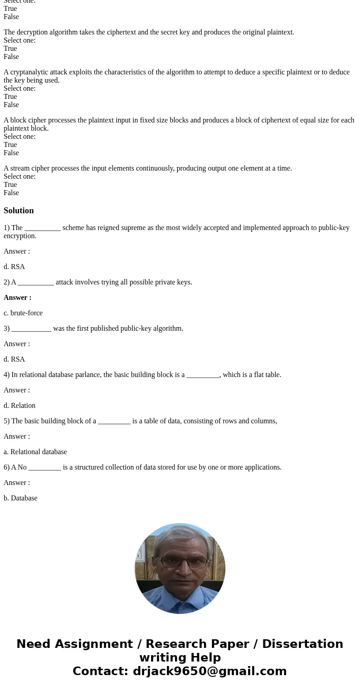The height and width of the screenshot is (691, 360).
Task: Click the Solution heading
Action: coord(19,211)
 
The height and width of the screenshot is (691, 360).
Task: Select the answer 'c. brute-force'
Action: coord(23,313)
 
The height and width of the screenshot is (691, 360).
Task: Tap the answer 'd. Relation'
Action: coord(19,406)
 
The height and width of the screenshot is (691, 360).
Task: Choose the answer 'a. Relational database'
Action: coord(35,452)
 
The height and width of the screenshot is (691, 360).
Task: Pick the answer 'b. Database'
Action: coord(20,498)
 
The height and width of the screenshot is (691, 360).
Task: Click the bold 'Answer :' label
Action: coord(17,298)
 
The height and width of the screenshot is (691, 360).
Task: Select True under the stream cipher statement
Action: coord(10,185)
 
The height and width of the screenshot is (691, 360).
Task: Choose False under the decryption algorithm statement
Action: coord(11,57)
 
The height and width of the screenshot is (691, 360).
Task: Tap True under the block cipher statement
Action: coord(10,145)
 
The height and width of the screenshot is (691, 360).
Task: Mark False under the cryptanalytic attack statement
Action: coord(11,105)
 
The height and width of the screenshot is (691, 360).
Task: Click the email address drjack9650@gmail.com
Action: coord(209,671)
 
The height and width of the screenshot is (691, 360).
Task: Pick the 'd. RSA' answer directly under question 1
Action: coord(15,267)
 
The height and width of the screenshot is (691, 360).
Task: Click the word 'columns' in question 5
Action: coord(264,421)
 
